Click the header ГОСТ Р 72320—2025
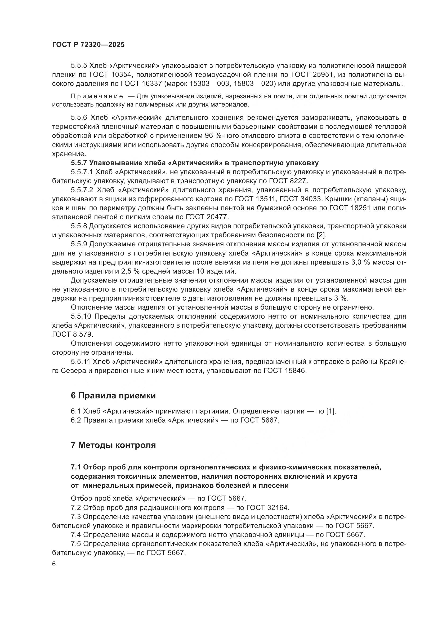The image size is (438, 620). click(x=88, y=45)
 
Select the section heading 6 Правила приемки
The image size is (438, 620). click(x=113, y=395)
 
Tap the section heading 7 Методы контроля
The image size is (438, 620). click(x=113, y=445)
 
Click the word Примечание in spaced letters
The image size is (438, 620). click(x=97, y=96)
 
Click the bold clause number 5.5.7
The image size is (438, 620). click(x=79, y=163)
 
